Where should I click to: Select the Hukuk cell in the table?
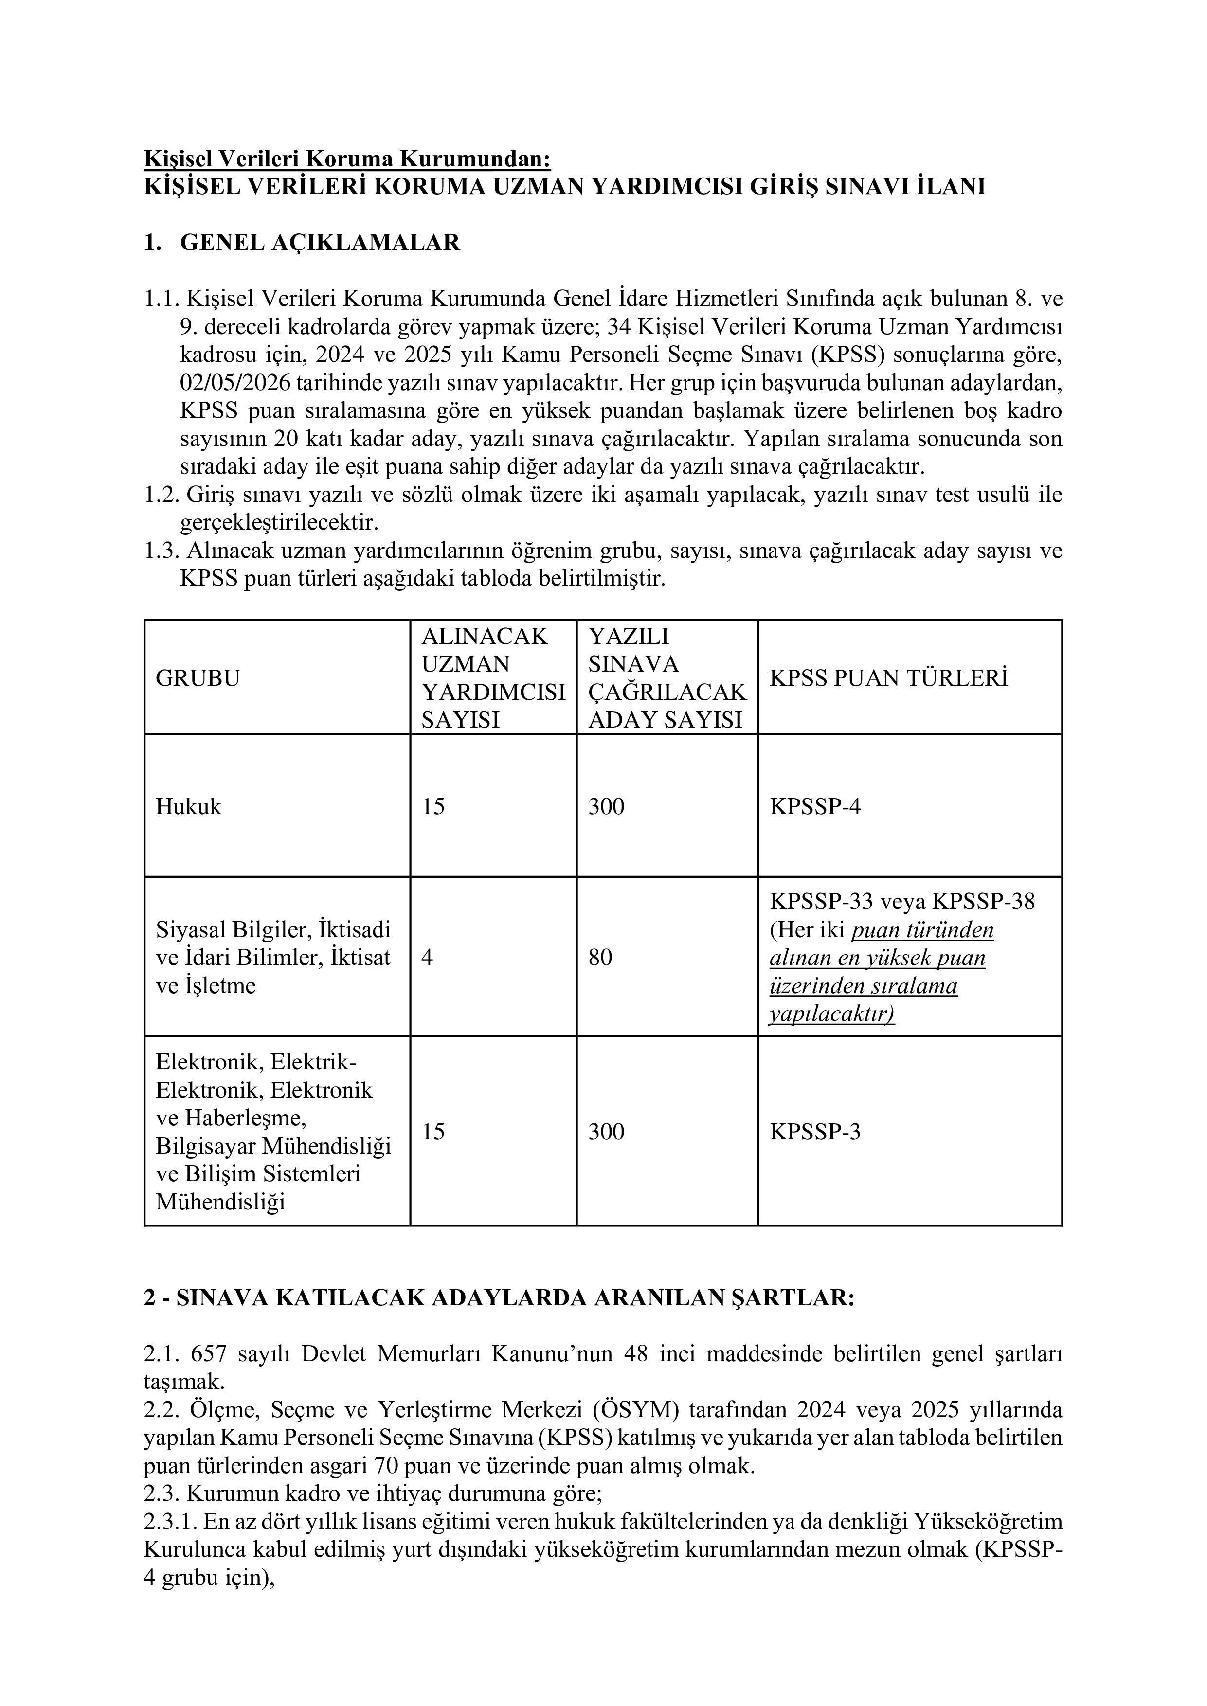click(188, 807)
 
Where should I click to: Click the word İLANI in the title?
click(951, 186)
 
